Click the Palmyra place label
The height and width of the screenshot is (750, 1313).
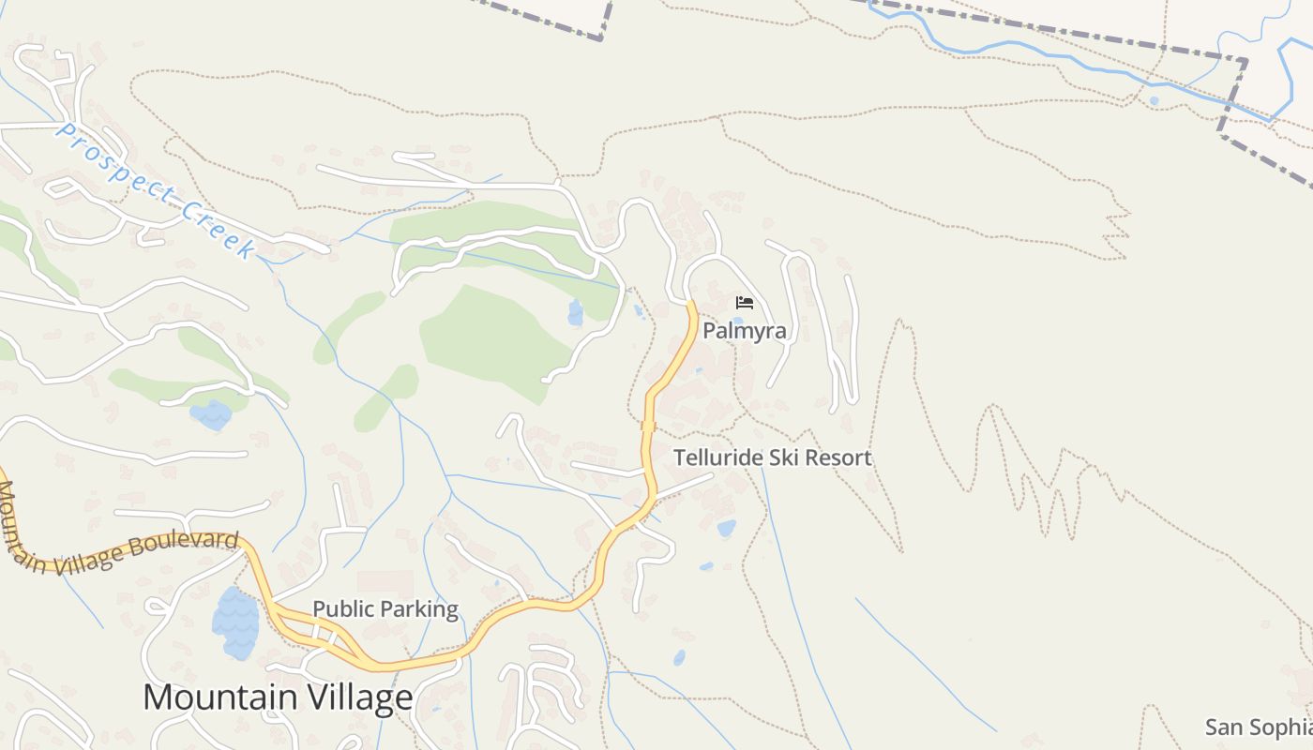pos(745,331)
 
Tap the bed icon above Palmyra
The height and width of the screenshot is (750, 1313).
pos(745,302)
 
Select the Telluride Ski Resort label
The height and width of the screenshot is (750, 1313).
pos(773,457)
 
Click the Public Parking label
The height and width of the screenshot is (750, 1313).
pos(385,609)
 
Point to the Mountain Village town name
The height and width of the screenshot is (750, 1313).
pos(278,697)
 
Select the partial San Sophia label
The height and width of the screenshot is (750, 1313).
pos(1258,727)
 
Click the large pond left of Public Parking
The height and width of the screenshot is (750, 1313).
pos(234,621)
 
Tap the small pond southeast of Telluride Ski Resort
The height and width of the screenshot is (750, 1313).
pos(727,528)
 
